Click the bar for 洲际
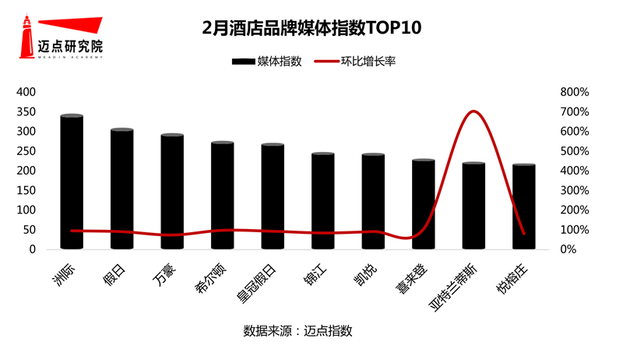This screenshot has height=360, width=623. point(72,182)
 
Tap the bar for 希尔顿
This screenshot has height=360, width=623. point(223,196)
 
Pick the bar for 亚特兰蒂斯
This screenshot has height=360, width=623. point(473,206)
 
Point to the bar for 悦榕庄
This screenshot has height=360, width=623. point(524,207)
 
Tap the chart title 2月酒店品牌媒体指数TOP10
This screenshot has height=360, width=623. point(311,29)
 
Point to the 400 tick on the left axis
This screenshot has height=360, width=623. point(27,92)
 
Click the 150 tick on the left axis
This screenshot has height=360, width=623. point(27,190)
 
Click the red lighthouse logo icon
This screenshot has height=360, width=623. point(27,35)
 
